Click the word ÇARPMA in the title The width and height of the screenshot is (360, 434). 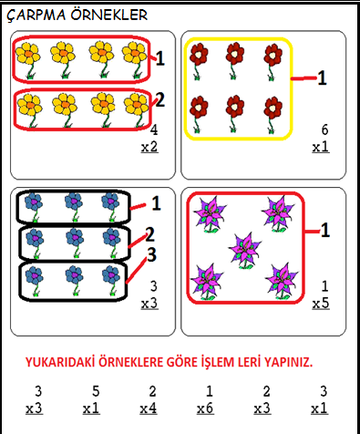pos(36,15)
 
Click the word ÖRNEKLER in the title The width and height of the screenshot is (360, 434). pos(109,15)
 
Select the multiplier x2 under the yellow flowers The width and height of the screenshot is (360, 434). pos(149,148)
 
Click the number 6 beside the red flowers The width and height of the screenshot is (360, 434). pos(324,129)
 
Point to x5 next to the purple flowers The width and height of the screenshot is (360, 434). pos(321,304)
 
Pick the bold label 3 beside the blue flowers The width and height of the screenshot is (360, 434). pos(152,254)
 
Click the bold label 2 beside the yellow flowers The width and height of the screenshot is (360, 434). pos(159,99)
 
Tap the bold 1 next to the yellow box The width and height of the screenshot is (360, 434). pos(322,77)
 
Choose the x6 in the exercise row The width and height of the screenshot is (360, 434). pos(205,408)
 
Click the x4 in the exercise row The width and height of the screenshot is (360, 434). pos(149,408)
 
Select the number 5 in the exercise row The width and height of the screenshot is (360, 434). pos(96,391)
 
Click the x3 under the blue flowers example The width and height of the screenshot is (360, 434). pos(149,304)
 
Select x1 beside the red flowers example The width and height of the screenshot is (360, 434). pos(321,148)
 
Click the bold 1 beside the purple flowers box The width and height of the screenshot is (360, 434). pos(325,230)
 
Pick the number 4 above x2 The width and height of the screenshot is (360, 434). pos(154,129)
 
